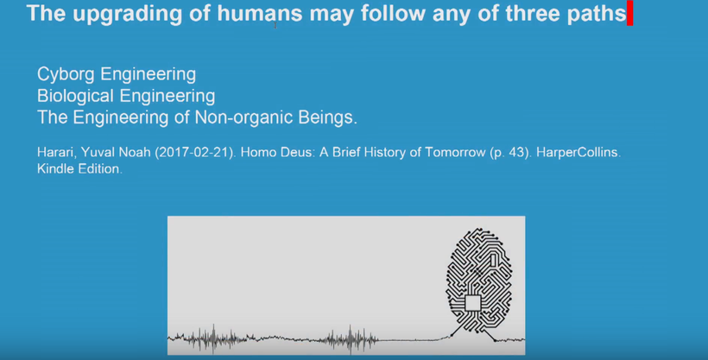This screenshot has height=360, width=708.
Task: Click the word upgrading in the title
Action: (x=127, y=15)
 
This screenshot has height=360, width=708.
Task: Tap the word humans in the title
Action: (x=260, y=13)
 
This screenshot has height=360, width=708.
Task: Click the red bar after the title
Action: (x=630, y=13)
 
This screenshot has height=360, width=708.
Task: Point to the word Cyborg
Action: (x=66, y=74)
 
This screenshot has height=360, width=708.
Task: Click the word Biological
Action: (x=75, y=96)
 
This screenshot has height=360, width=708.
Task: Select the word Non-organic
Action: (x=244, y=117)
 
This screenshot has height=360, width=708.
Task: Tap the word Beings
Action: (x=328, y=117)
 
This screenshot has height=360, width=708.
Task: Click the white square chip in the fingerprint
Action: (x=473, y=303)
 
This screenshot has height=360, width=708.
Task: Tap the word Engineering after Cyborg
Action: (x=149, y=74)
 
